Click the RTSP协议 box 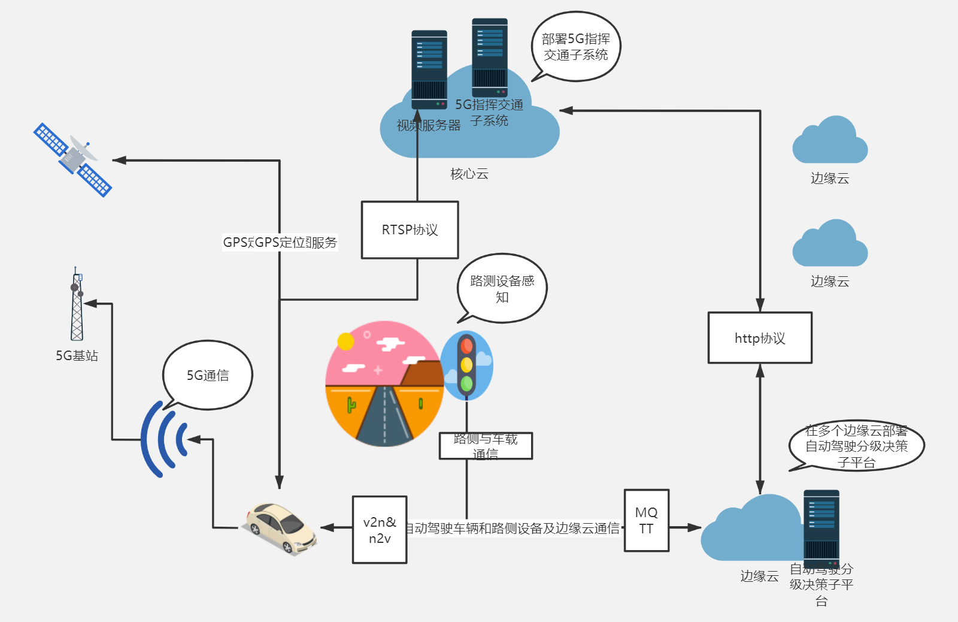[410, 230]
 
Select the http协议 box [760, 338]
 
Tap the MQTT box [646, 520]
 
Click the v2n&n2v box [380, 530]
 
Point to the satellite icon [73, 159]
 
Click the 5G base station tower [77, 306]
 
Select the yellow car [280, 527]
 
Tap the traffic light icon [466, 365]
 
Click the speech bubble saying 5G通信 [208, 375]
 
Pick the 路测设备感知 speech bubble [502, 288]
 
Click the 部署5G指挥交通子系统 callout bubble [576, 47]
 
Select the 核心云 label [469, 174]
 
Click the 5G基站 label [77, 355]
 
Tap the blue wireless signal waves [163, 439]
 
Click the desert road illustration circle [384, 384]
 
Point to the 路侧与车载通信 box [486, 446]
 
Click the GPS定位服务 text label [280, 242]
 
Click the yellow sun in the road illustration [345, 341]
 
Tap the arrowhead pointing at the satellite [119, 160]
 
